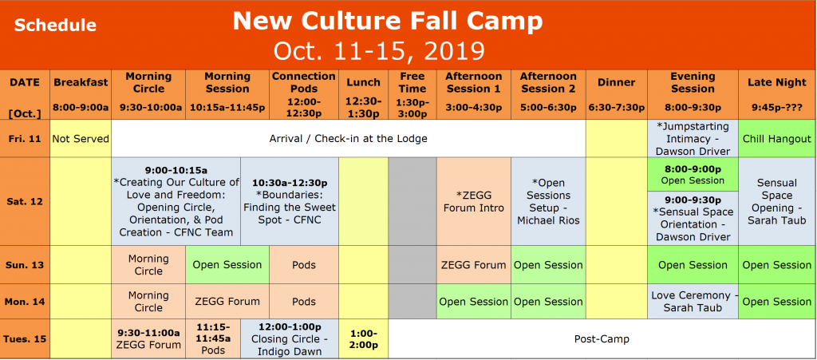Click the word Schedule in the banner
(x=55, y=26)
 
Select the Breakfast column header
(x=81, y=82)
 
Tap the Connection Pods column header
(x=303, y=82)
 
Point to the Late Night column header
(x=777, y=82)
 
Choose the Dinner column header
(x=616, y=82)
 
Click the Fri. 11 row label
(x=25, y=139)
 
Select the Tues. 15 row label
(x=25, y=338)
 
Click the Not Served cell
(x=81, y=139)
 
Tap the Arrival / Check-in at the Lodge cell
(x=349, y=139)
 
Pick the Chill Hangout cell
(x=777, y=139)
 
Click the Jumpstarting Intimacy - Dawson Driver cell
(x=693, y=139)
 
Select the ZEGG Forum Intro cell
(x=474, y=202)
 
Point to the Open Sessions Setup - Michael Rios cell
(x=548, y=202)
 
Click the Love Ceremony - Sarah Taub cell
(x=693, y=302)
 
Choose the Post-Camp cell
(x=602, y=338)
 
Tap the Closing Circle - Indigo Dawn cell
(x=290, y=338)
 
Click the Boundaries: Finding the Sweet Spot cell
(x=290, y=202)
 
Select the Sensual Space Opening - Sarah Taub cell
(x=777, y=202)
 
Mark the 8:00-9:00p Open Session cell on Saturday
(x=693, y=174)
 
